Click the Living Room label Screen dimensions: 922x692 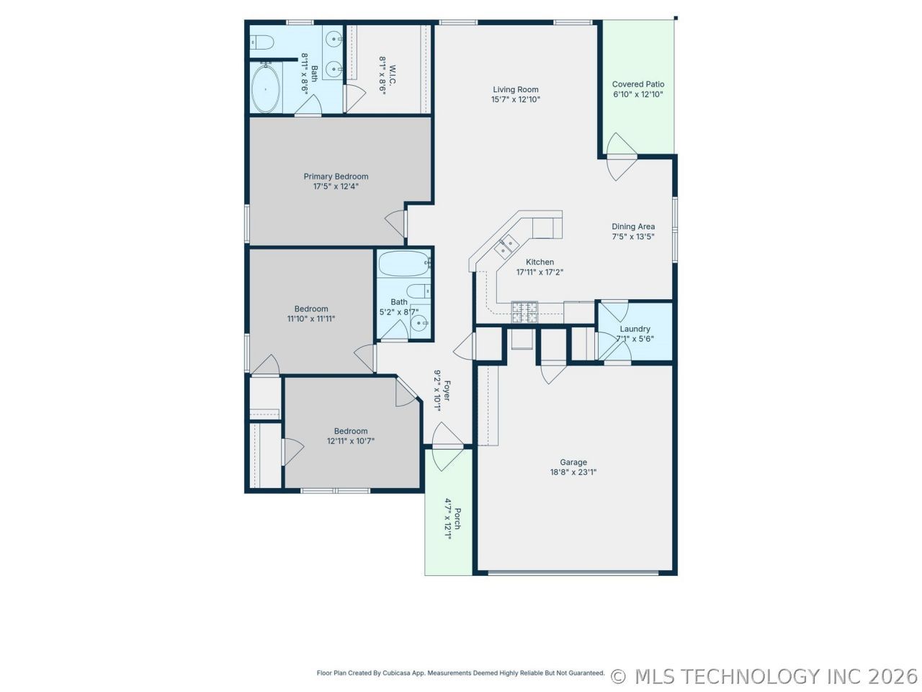click(x=516, y=89)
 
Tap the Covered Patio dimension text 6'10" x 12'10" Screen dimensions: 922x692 click(x=637, y=94)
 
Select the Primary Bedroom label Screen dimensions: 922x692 click(x=336, y=177)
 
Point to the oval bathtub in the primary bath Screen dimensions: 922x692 click(x=266, y=89)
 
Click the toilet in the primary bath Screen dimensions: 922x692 click(x=261, y=42)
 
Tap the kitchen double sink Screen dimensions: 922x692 click(x=506, y=247)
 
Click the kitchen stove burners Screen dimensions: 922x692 click(x=524, y=311)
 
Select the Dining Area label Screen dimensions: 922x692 click(x=633, y=226)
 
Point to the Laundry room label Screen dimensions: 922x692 click(x=635, y=329)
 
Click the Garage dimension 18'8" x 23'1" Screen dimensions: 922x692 click(x=573, y=472)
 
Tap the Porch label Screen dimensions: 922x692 click(x=457, y=519)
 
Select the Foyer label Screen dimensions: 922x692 click(x=447, y=391)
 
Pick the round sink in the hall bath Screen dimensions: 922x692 click(x=419, y=323)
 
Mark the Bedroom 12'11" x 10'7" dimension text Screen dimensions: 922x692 click(x=351, y=440)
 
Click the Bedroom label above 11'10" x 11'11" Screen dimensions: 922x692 click(x=311, y=309)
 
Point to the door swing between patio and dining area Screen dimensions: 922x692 click(x=622, y=156)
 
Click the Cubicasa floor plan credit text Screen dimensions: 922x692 click(x=460, y=673)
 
